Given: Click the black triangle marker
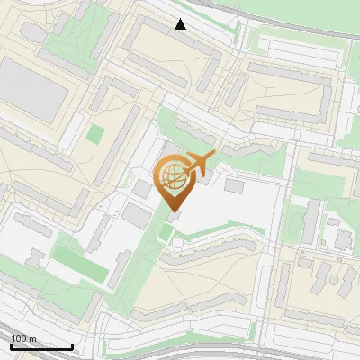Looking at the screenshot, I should [x=181, y=24].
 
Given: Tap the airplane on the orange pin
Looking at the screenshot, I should [x=199, y=163].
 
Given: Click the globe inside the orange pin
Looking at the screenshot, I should [x=172, y=176].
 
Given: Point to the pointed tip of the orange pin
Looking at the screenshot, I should [x=173, y=211].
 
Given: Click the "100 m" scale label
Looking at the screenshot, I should [x=23, y=338].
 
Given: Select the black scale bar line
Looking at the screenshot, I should [x=41, y=346].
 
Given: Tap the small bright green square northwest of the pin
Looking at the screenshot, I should [x=95, y=134].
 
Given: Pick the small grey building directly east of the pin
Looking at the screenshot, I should [x=234, y=185].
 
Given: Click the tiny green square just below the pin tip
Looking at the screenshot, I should [x=166, y=235].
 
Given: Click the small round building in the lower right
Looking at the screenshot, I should [x=343, y=239].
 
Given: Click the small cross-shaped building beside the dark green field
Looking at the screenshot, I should [x=35, y=258].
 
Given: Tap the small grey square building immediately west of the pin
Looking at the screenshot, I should [x=142, y=190].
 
